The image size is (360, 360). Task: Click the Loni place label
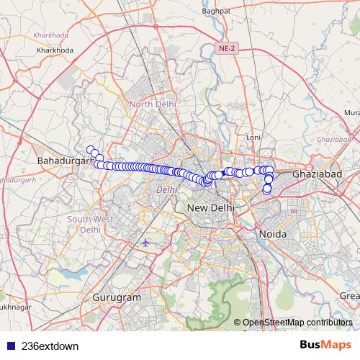(253, 136)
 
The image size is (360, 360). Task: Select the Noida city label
(274, 234)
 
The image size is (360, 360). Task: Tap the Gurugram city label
(116, 297)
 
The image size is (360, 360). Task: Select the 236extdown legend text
(50, 346)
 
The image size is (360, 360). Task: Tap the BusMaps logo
(325, 345)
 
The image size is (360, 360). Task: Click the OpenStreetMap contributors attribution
(297, 322)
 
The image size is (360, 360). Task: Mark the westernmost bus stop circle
(91, 150)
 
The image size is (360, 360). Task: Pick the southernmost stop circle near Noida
(266, 190)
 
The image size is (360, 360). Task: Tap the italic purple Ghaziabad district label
(333, 138)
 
